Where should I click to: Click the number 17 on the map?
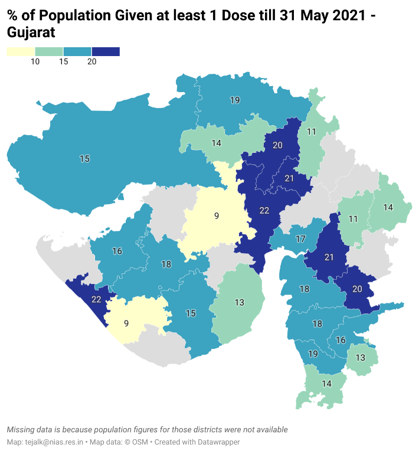[x=301, y=239]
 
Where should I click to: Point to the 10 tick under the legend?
[x=35, y=62]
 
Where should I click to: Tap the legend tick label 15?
[x=63, y=62]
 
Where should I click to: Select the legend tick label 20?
[x=91, y=62]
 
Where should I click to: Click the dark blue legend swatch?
[x=106, y=52]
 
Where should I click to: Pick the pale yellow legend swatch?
[x=21, y=52]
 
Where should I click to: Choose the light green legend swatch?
[x=49, y=52]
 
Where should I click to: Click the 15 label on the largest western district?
[x=84, y=158]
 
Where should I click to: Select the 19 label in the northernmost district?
[x=235, y=100]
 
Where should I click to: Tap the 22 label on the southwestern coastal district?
[x=96, y=299]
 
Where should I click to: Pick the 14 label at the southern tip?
[x=326, y=383]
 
